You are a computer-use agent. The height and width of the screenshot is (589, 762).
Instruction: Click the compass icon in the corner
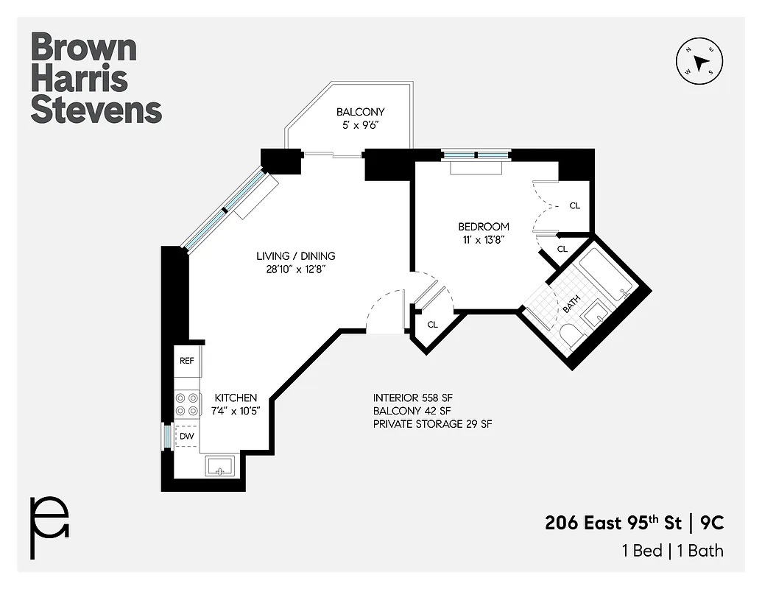699,60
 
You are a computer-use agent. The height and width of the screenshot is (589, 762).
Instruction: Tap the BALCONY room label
360,112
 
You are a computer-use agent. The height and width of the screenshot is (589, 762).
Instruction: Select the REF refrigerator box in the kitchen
187,361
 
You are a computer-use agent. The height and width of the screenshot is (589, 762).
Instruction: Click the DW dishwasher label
187,436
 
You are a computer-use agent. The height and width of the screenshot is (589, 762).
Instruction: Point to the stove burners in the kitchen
187,403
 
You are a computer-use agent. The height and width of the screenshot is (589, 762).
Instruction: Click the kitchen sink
219,466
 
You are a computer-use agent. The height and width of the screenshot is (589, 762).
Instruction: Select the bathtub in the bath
607,280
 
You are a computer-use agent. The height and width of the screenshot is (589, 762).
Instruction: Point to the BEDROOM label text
483,227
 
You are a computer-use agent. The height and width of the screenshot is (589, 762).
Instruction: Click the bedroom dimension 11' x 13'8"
483,239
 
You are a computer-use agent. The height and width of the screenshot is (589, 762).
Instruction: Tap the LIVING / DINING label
295,256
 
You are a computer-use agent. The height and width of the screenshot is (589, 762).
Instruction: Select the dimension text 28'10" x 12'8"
295,269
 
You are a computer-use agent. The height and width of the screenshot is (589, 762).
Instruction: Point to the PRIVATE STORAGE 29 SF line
432,424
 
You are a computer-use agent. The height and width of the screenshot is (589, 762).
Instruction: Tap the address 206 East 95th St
613,523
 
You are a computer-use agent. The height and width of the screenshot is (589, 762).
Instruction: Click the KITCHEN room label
235,398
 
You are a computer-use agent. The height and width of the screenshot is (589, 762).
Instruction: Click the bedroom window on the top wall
476,155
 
